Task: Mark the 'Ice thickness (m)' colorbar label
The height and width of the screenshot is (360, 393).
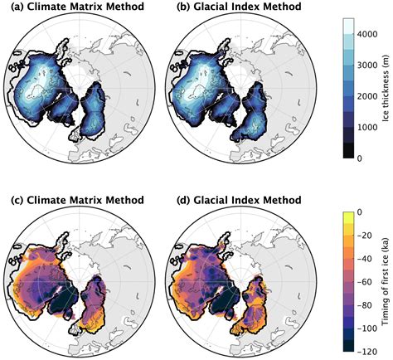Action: click(382, 88)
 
